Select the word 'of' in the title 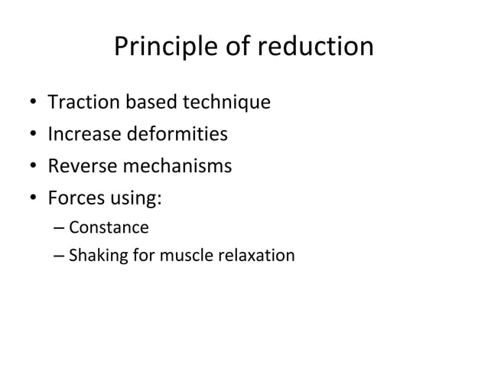pos(237,47)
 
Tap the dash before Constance pos(60,228)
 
